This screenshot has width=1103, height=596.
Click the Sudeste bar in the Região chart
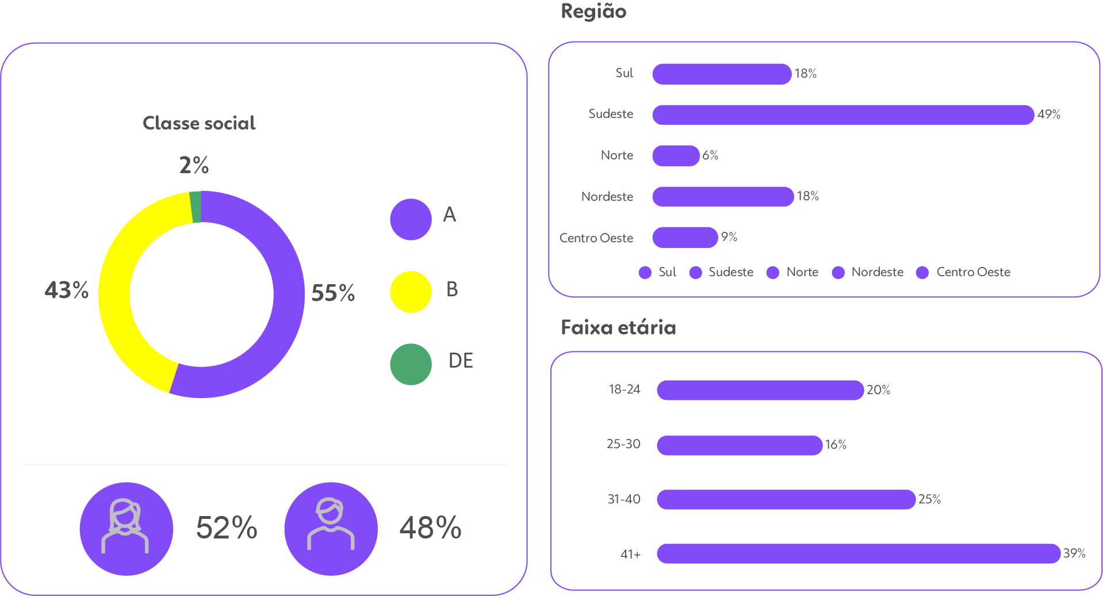click(x=842, y=114)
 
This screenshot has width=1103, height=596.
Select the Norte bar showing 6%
click(x=676, y=155)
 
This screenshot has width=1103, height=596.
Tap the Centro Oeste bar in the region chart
click(x=685, y=237)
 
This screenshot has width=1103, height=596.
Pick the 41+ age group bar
click(x=858, y=553)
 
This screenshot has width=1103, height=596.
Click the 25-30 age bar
click(x=740, y=445)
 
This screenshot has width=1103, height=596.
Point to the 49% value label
click(x=1048, y=114)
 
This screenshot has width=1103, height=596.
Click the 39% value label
click(x=1074, y=553)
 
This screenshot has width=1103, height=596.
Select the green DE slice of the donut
click(x=196, y=207)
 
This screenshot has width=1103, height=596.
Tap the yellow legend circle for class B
click(x=411, y=292)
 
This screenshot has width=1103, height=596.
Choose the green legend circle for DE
click(x=411, y=364)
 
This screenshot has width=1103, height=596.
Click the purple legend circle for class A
click(x=411, y=219)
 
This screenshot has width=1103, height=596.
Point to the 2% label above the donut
click(x=194, y=166)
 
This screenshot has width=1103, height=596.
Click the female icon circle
click(x=126, y=529)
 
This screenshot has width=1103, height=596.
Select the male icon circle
click(x=331, y=529)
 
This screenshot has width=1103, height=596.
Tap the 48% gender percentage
click(x=430, y=528)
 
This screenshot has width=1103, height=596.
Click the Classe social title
click(x=199, y=123)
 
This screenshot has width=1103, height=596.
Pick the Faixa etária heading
click(x=618, y=327)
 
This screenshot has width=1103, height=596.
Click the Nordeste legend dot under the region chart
click(x=838, y=272)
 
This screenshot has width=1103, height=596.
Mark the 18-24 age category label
click(x=624, y=389)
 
